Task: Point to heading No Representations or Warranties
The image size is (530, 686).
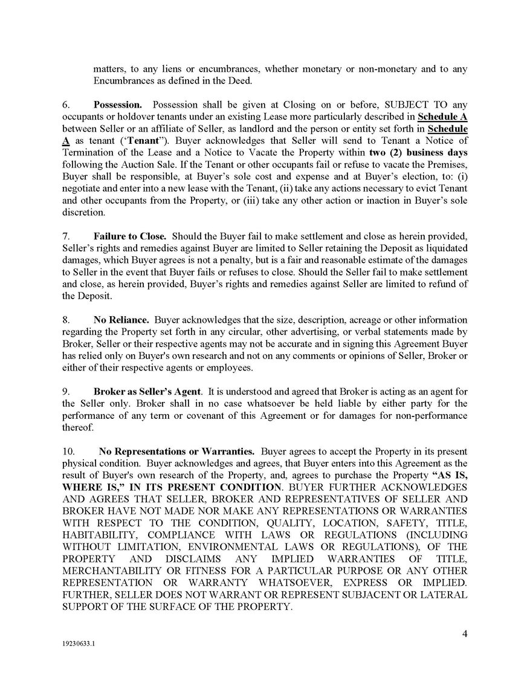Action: (176, 451)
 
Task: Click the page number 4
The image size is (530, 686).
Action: (465, 633)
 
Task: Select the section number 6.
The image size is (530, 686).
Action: (66, 105)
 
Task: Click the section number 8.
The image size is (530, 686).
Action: (66, 320)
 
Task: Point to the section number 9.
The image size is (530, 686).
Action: (66, 391)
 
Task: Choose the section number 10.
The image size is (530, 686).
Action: (68, 451)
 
